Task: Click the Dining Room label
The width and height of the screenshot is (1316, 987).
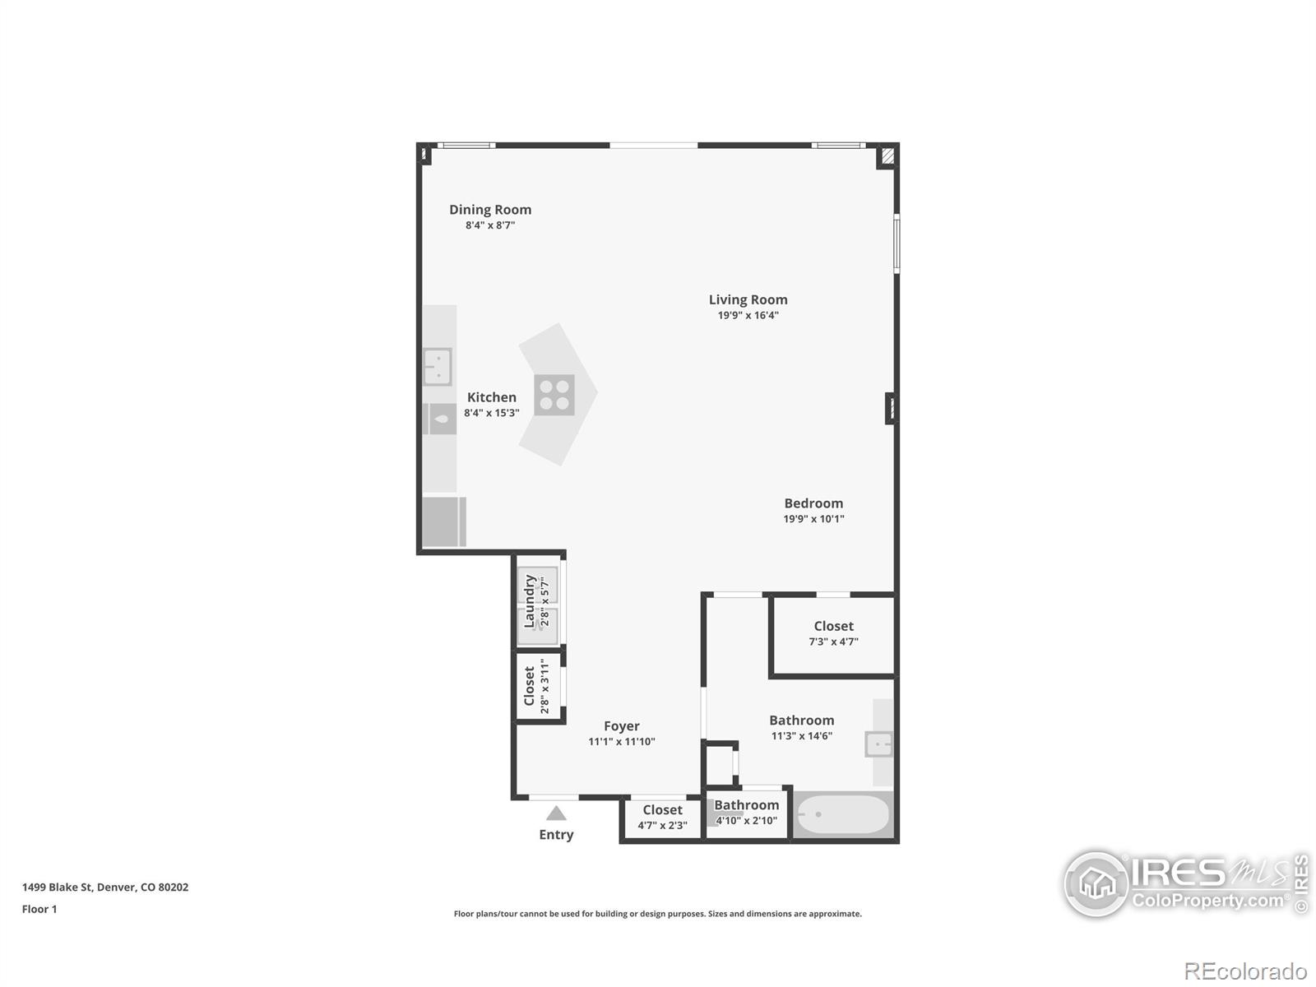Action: (490, 210)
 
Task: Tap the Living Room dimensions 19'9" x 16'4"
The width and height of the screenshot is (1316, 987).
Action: (748, 315)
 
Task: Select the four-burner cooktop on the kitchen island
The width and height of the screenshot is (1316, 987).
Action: (554, 395)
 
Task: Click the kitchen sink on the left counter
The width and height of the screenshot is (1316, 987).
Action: (438, 367)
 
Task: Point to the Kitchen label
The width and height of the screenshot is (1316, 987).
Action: (492, 397)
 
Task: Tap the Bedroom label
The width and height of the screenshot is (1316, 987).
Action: (813, 503)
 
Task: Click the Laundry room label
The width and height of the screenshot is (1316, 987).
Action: (531, 600)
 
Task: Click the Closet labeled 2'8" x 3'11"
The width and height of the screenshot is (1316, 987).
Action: (531, 686)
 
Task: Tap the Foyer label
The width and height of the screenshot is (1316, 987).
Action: (621, 726)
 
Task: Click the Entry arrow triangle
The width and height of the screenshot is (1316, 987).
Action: (556, 813)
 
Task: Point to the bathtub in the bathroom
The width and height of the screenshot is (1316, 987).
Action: (843, 814)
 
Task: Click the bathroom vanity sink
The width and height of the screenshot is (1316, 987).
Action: (878, 744)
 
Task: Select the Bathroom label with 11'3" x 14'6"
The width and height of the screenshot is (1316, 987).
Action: (801, 721)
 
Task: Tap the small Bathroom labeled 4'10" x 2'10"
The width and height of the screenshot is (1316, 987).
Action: (746, 805)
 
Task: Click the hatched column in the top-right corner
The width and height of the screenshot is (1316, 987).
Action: (887, 155)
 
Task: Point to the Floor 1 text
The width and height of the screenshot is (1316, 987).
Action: (39, 909)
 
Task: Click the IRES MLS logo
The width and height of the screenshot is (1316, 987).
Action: (1184, 884)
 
